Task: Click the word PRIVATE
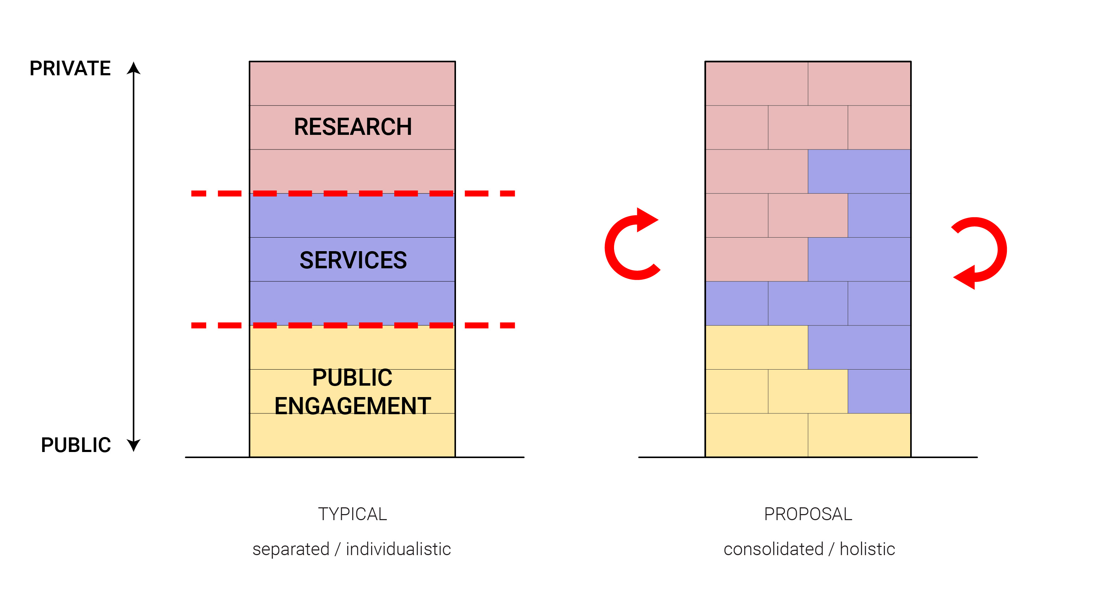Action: pos(70,68)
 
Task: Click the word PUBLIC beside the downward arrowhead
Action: pos(76,445)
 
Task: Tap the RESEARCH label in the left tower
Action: pos(353,127)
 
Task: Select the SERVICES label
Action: pos(353,260)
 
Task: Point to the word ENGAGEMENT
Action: pos(353,406)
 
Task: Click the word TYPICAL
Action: pos(353,514)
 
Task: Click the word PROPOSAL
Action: pos(808,514)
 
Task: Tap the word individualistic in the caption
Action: pos(398,549)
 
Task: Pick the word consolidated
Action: pos(774,549)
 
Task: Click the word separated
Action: pos(291,549)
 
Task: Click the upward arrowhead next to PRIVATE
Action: pos(133,68)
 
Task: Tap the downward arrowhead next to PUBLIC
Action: pos(133,445)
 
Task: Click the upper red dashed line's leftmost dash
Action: pos(198,193)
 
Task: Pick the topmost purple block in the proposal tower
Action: pos(859,171)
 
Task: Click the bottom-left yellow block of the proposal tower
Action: pos(757,435)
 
